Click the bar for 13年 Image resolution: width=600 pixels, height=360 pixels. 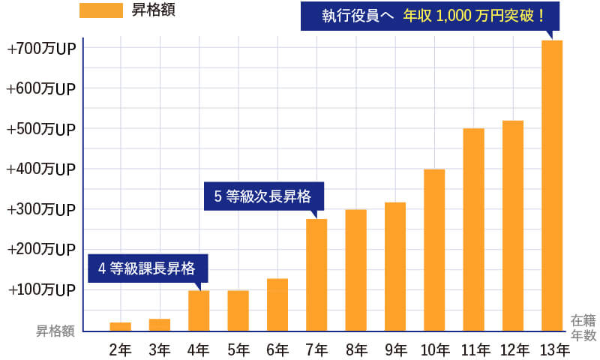(x=552, y=185)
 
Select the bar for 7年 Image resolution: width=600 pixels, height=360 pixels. (x=316, y=274)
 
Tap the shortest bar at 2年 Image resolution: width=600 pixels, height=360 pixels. (x=120, y=326)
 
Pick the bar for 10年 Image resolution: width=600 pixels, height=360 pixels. (x=434, y=250)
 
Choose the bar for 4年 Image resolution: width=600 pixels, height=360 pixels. (x=199, y=310)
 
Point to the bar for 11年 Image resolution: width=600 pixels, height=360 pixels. (x=473, y=229)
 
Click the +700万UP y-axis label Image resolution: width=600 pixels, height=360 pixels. (x=41, y=49)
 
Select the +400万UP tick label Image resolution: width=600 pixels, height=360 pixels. (x=41, y=169)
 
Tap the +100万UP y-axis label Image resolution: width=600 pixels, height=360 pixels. (x=41, y=289)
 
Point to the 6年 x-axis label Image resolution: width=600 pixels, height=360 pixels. (x=277, y=349)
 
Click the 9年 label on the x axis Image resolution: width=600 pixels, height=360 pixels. (x=395, y=349)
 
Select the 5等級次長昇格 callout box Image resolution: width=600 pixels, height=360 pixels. (x=263, y=196)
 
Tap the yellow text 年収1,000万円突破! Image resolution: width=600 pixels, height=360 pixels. (x=473, y=15)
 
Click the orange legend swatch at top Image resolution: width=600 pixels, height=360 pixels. (x=100, y=10)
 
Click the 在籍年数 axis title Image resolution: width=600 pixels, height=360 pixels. (x=583, y=327)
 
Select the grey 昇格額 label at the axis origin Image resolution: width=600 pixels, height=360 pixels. (x=56, y=330)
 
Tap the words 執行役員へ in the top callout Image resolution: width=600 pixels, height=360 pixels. (x=358, y=15)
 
